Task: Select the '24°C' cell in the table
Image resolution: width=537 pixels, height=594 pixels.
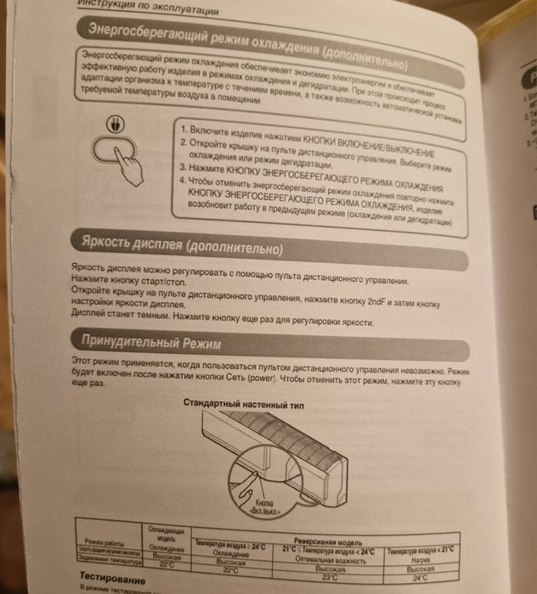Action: pos(419,577)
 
